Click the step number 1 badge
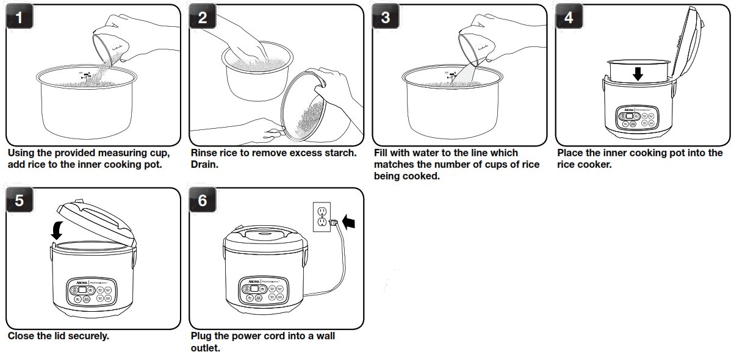pos(20,18)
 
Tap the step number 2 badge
pos(203,18)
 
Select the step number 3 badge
pos(386,18)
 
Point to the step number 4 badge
pos(569,18)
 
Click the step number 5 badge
pos(20,201)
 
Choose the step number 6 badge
pos(203,201)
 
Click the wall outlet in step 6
pos(322,217)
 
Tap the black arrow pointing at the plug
pos(350,221)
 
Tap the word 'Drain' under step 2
pos(204,165)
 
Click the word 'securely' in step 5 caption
pos(89,336)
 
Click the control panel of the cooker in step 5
pos(91,291)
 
